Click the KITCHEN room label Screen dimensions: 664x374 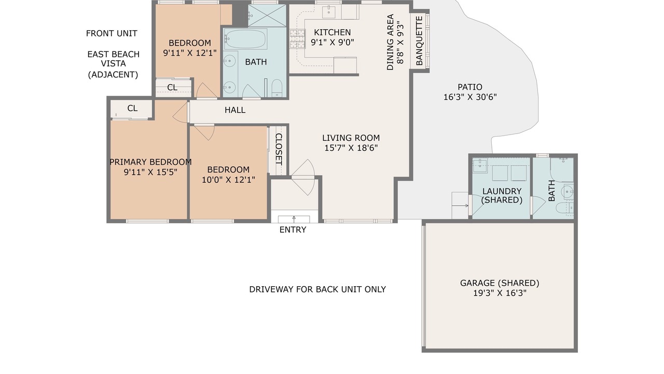point(333,32)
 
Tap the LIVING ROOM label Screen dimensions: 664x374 point(351,138)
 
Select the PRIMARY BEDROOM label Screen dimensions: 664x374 point(150,162)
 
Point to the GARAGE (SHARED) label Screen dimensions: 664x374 point(500,283)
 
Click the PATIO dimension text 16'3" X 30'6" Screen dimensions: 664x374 point(470,97)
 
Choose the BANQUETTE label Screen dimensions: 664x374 point(419,41)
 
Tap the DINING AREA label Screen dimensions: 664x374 point(391,42)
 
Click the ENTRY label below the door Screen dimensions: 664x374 point(293,230)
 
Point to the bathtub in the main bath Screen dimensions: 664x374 point(245,39)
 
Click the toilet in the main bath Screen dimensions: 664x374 point(277,88)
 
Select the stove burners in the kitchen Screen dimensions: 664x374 point(297,38)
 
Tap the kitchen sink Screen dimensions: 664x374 point(329,12)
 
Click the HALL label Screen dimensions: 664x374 point(235,110)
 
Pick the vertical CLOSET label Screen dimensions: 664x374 point(279,149)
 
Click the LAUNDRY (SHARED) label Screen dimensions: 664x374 point(502,196)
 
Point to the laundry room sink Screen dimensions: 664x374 point(480,166)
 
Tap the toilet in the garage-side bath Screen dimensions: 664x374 point(565,208)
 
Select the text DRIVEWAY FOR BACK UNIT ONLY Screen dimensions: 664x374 point(317,289)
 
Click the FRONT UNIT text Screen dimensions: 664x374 point(112,33)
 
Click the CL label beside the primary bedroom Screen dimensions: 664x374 point(132,109)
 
